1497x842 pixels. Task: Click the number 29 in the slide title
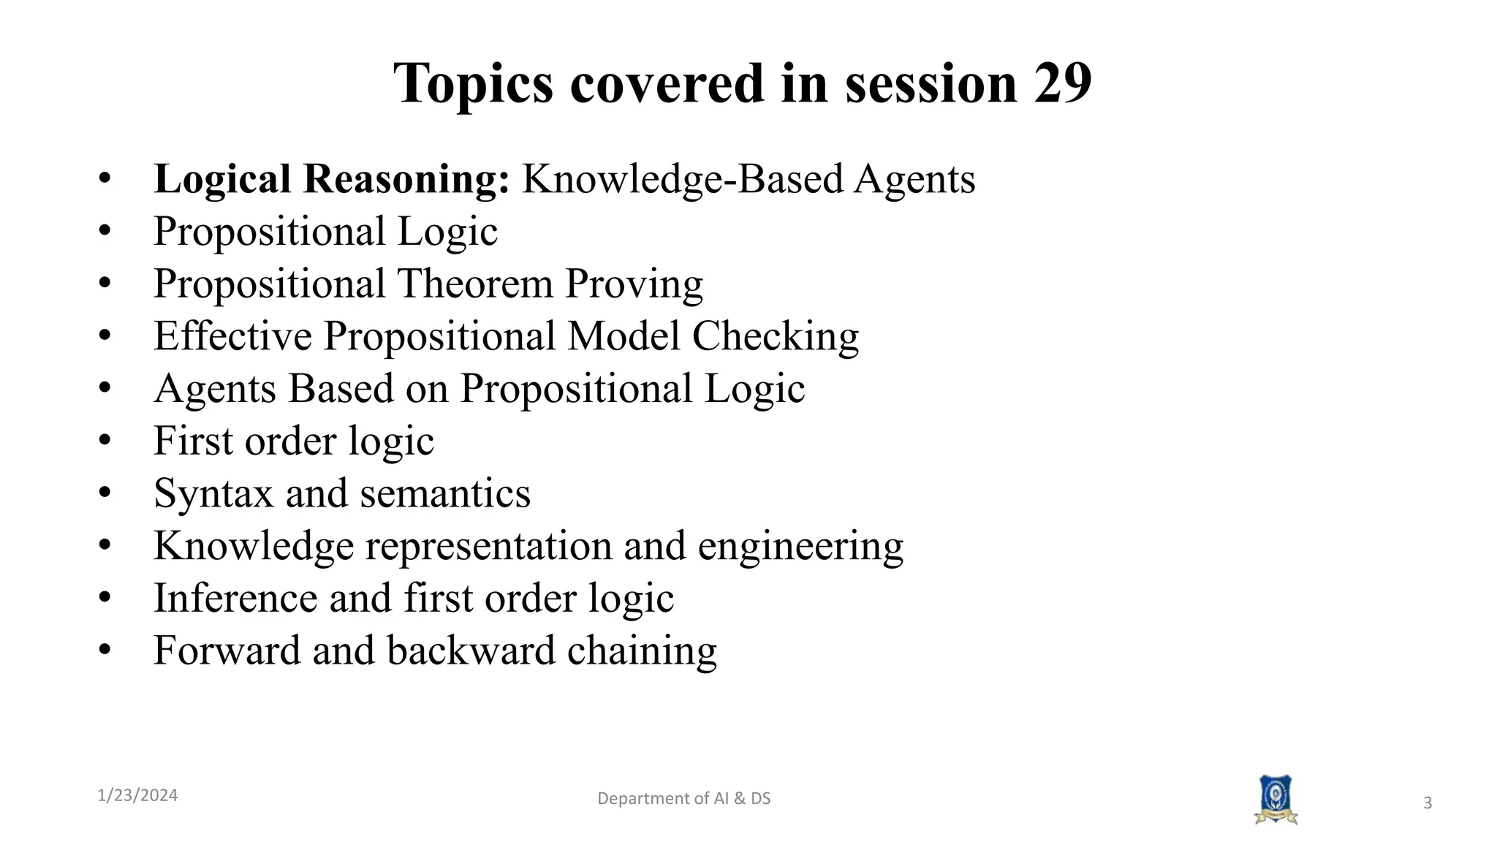pyautogui.click(x=1062, y=83)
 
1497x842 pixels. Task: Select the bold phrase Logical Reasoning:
pyautogui.click(x=331, y=179)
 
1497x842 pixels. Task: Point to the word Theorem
pyautogui.click(x=475, y=284)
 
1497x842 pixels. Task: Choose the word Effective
pyautogui.click(x=232, y=336)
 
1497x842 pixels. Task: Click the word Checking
pyautogui.click(x=775, y=336)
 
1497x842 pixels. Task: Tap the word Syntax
pyautogui.click(x=213, y=494)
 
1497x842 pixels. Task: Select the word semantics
pyautogui.click(x=445, y=493)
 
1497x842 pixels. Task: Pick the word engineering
pyautogui.click(x=800, y=547)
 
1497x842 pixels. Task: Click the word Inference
pyautogui.click(x=235, y=598)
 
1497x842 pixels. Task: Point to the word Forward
pyautogui.click(x=227, y=651)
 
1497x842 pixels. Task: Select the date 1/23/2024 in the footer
pyautogui.click(x=137, y=795)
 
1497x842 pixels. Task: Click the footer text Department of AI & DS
pyautogui.click(x=683, y=798)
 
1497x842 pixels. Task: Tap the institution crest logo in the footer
pyautogui.click(x=1276, y=800)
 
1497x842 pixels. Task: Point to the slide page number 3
pyautogui.click(x=1427, y=803)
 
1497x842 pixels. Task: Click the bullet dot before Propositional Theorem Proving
pyautogui.click(x=105, y=283)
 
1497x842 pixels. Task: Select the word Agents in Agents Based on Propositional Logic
pyautogui.click(x=215, y=389)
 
